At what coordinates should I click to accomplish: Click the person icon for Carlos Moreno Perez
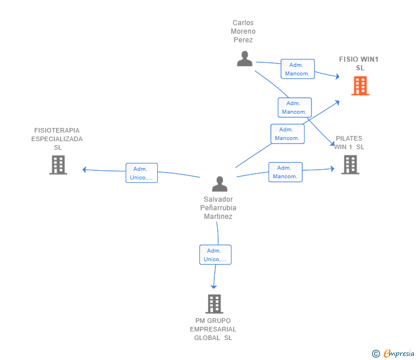(x=245, y=59)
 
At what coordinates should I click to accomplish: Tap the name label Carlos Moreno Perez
(x=243, y=31)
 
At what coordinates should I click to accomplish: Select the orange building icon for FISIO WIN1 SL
(x=360, y=86)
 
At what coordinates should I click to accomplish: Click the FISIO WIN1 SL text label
(x=359, y=63)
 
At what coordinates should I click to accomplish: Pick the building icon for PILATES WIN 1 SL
(x=350, y=165)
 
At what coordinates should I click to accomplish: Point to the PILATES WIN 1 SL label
(x=349, y=142)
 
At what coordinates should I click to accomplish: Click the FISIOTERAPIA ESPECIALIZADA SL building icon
(x=58, y=165)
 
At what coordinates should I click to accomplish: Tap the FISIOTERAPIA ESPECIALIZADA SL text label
(x=57, y=139)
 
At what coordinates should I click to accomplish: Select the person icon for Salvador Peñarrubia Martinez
(x=219, y=184)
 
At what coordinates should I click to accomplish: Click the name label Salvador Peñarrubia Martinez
(x=219, y=208)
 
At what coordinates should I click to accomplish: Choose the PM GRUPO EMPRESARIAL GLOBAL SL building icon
(x=214, y=304)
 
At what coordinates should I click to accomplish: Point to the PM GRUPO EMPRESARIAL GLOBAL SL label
(x=213, y=329)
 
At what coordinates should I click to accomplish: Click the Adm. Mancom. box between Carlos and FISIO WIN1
(x=298, y=69)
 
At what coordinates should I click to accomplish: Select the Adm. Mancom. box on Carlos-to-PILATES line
(x=294, y=107)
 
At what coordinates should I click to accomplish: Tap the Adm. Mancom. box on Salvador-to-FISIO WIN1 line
(x=287, y=134)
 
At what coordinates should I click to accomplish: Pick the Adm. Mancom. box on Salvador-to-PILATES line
(x=285, y=172)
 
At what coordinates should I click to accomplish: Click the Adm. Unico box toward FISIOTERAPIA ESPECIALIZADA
(x=141, y=173)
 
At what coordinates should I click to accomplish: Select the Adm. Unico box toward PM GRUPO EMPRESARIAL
(x=215, y=255)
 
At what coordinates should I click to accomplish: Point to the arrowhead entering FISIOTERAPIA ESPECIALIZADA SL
(x=85, y=170)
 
